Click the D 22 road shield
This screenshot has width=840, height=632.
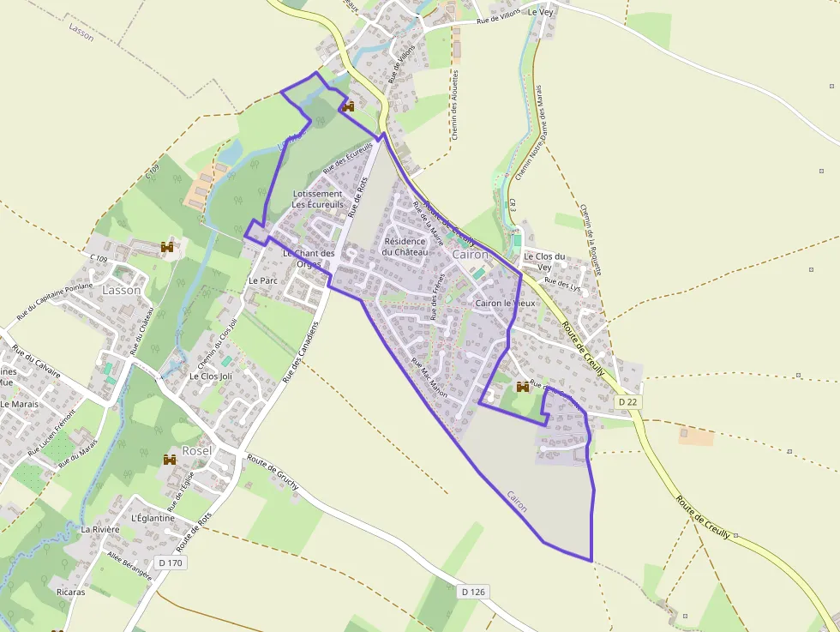click(628, 401)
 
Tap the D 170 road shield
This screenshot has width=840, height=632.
click(171, 563)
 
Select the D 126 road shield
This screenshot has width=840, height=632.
click(473, 592)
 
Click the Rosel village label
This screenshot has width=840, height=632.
click(197, 450)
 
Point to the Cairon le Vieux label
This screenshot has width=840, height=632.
click(506, 304)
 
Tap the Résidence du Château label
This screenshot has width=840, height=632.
click(405, 246)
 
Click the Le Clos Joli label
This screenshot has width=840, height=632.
click(210, 376)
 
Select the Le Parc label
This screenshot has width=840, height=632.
click(263, 280)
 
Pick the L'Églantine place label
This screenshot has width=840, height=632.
click(153, 518)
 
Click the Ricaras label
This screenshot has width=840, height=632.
click(70, 592)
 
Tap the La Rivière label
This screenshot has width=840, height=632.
click(100, 529)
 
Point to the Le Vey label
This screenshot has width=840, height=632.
click(542, 12)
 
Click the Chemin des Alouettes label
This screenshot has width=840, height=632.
click(455, 104)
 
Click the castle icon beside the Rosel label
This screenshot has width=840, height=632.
click(170, 460)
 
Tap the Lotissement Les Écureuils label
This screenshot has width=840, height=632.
click(317, 199)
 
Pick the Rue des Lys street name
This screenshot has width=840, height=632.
click(562, 284)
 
